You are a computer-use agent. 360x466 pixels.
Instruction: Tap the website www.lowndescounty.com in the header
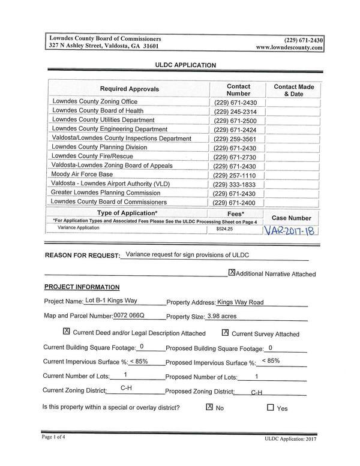pyautogui.click(x=289, y=47)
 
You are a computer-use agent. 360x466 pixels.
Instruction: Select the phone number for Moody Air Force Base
pyautogui.click(x=235, y=175)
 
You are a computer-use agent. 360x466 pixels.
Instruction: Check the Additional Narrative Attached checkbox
pyautogui.click(x=232, y=272)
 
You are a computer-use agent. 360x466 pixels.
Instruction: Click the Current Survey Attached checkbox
pyautogui.click(x=226, y=332)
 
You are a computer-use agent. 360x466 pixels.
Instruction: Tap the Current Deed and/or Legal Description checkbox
pyautogui.click(x=67, y=332)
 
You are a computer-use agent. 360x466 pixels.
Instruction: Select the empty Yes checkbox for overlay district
pyautogui.click(x=270, y=407)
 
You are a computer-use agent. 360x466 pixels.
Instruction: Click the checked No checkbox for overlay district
pyautogui.click(x=209, y=407)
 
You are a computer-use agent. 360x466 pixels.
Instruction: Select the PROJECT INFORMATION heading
pyautogui.click(x=82, y=287)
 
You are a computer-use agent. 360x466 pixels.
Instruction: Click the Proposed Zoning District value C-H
pyautogui.click(x=256, y=392)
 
